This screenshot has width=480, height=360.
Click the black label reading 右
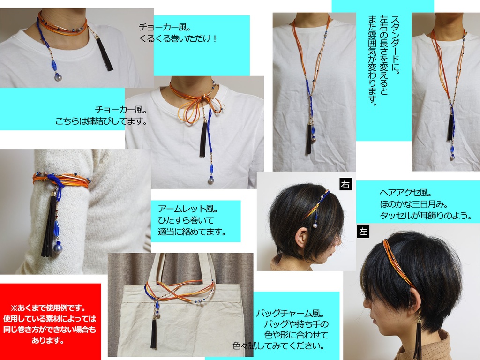pyautogui.click(x=345, y=184)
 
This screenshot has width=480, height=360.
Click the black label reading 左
pyautogui.click(x=363, y=232)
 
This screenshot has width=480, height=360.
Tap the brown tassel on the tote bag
pyautogui.click(x=153, y=333)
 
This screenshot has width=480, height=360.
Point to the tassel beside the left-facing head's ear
pyautogui.click(x=418, y=337)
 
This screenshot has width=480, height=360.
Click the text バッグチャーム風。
pyautogui.click(x=291, y=313)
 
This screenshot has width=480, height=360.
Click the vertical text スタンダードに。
pyautogui.click(x=395, y=45)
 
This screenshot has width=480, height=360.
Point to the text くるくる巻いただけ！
pyautogui.click(x=179, y=38)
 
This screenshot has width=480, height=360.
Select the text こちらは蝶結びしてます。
pyautogui.click(x=101, y=121)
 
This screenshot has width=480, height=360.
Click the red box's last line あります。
pyautogui.click(x=48, y=340)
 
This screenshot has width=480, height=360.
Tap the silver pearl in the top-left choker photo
pyautogui.click(x=58, y=77)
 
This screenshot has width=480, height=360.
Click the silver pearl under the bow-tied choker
pyautogui.click(x=211, y=180)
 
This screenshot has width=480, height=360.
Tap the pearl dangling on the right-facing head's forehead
pyautogui.click(x=315, y=225)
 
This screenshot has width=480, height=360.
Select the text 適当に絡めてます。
pyautogui.click(x=192, y=232)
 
